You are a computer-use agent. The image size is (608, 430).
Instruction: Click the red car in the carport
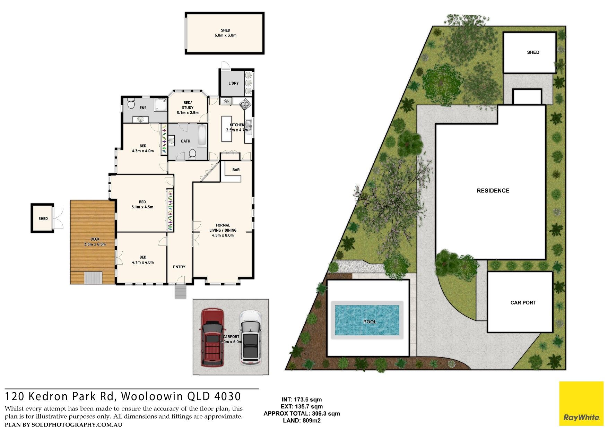coord(212,337)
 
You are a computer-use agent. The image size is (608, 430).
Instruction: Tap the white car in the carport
coord(251,337)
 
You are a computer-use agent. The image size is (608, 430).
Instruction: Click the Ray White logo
coord(581,404)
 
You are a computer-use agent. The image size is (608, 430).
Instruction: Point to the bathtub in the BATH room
coord(202,136)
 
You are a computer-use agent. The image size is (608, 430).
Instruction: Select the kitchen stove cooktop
coord(245,103)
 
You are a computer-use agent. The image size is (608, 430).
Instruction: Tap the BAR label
coord(236,170)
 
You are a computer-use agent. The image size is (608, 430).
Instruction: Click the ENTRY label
coord(179,267)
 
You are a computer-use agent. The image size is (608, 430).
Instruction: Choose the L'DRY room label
coord(233,83)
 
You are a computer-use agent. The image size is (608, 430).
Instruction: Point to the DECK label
coord(95,239)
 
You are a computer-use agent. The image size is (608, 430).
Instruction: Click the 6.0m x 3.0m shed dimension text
coord(225,35)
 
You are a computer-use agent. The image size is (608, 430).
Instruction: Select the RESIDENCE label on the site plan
coord(493,191)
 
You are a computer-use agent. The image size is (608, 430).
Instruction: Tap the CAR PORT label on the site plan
coord(523,303)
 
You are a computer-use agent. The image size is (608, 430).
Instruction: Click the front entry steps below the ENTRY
coord(180,291)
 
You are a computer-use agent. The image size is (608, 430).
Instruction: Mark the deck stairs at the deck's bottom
coord(93,278)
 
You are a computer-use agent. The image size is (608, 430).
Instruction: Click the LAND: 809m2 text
coord(302,421)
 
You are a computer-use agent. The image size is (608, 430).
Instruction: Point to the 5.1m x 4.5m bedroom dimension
coord(142,207)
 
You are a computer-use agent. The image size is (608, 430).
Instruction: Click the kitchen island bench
coord(227,129)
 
